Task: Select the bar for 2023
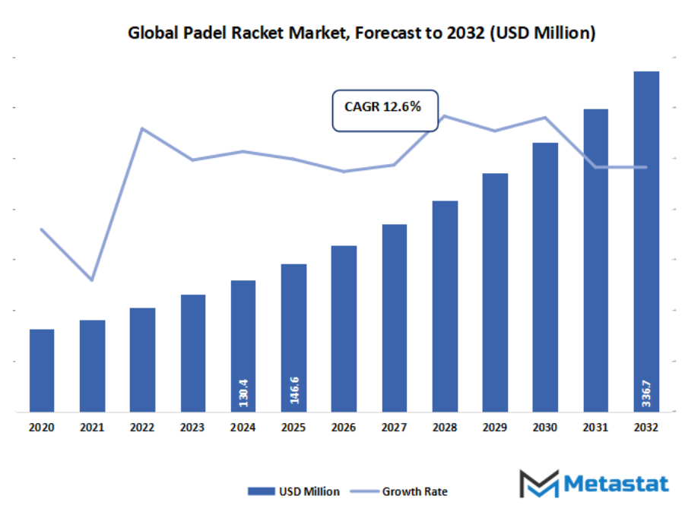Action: (192, 353)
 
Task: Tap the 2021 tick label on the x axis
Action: (92, 428)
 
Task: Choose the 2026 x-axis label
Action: (344, 428)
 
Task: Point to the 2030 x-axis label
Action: (545, 428)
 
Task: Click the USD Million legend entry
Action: (293, 491)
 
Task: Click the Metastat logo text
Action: (616, 484)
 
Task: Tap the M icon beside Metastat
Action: (538, 484)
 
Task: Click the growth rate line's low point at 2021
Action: (92, 280)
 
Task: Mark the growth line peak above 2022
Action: (142, 128)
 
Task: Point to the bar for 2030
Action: (545, 277)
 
